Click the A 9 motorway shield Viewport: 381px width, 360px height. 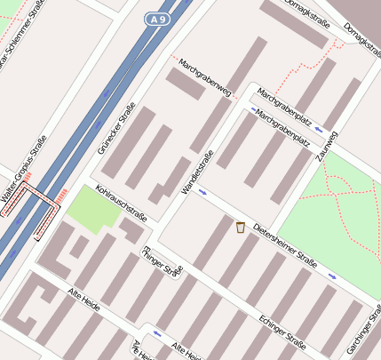coord(158,19)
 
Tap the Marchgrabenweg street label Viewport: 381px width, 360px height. coord(204,78)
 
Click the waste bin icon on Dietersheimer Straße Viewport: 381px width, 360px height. coord(240,228)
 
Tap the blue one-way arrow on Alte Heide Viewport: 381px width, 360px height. coord(157,334)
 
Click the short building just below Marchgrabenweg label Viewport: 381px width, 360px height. coord(186,84)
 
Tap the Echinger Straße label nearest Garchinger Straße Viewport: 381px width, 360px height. coord(282,330)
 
